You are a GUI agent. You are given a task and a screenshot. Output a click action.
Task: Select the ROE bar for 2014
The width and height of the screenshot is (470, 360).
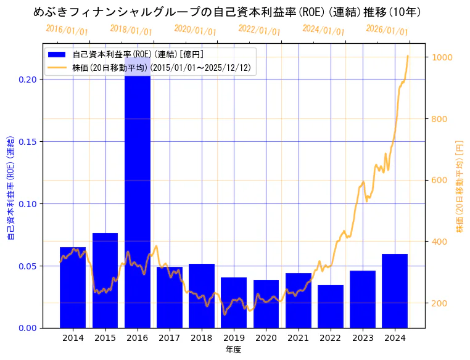73,287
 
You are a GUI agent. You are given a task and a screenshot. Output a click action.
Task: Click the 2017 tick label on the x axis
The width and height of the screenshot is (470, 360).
170,338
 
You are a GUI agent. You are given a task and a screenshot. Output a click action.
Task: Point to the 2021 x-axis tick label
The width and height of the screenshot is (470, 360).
299,338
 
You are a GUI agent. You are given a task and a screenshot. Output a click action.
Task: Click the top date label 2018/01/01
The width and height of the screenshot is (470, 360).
131,30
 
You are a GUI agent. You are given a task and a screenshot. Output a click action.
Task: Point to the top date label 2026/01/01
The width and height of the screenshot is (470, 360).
387,30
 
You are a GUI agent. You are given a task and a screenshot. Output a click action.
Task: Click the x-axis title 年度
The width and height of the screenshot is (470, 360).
233,350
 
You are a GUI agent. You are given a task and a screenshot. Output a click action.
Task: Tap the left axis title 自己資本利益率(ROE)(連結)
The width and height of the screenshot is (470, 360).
11,186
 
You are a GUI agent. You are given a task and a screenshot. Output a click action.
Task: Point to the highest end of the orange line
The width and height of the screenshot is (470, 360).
408,56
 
